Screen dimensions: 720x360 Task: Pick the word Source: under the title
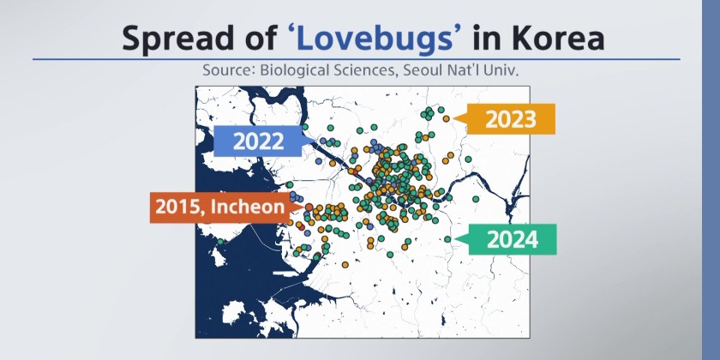click(x=229, y=70)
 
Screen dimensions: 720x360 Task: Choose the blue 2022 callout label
click(x=258, y=141)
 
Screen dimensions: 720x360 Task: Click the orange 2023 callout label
click(x=511, y=119)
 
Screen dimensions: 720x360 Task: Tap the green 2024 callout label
click(x=512, y=239)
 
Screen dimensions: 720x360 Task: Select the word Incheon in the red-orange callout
click(x=248, y=207)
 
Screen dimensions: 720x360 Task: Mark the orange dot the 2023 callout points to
click(x=446, y=118)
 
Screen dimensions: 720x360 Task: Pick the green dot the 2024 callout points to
click(x=447, y=239)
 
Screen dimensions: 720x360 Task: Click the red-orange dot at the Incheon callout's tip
click(x=309, y=207)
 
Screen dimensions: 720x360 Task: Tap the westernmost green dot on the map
click(x=220, y=242)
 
